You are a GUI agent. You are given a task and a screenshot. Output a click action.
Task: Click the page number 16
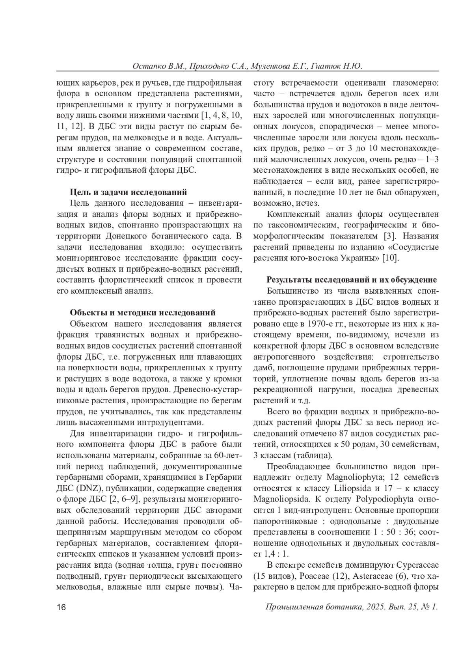coord(61,607)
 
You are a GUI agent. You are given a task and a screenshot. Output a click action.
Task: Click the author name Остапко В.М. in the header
coord(157,66)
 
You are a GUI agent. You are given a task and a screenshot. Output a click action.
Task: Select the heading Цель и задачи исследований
coord(128,192)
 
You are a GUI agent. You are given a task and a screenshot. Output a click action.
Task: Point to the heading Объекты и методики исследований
coord(143,313)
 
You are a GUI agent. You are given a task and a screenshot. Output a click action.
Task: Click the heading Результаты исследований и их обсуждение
coord(352,280)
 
